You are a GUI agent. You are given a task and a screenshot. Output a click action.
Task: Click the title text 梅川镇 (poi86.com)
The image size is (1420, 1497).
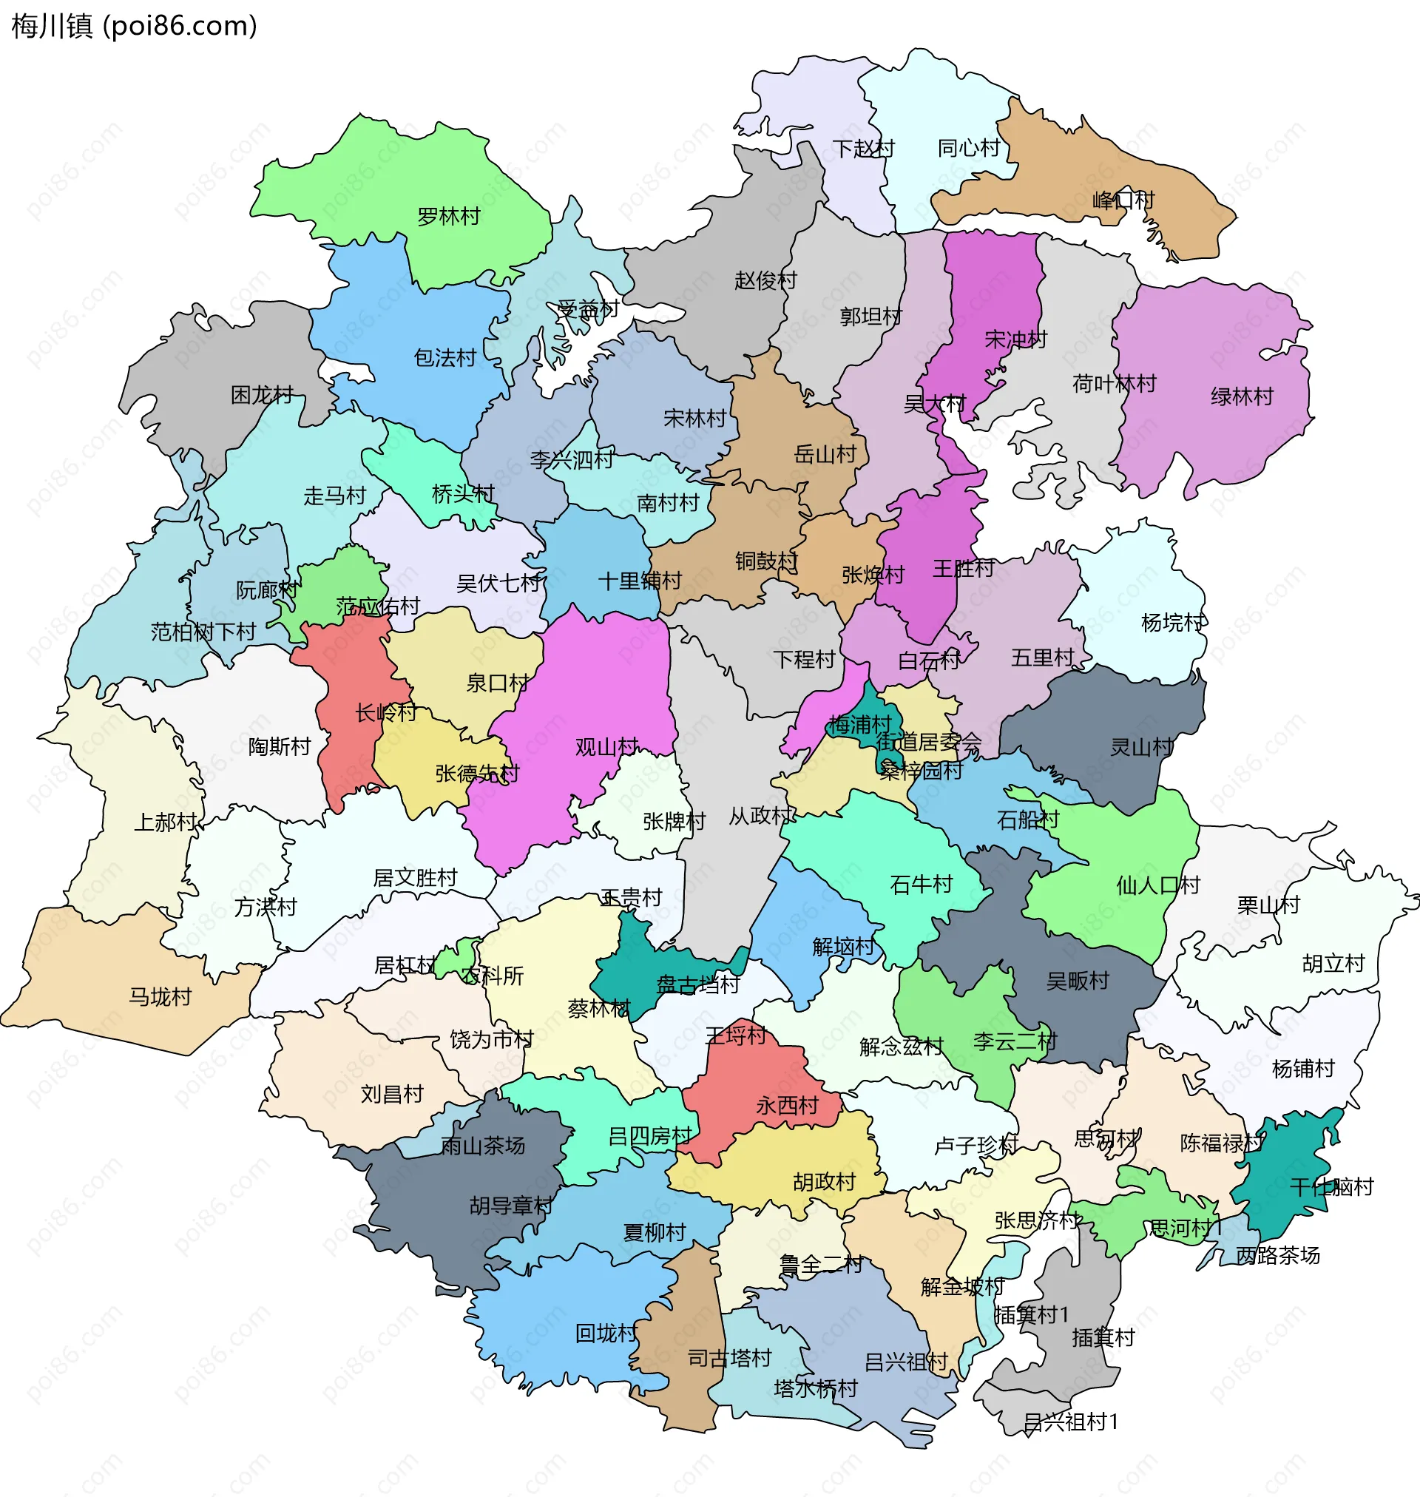coord(134,26)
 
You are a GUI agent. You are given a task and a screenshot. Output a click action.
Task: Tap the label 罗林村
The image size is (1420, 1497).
coord(449,217)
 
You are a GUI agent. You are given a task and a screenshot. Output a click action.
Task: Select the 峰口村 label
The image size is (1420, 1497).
coord(1123,200)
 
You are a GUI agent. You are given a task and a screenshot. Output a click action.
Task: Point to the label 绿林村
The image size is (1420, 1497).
coord(1241,396)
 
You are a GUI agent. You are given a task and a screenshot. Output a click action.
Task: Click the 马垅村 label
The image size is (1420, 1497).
coord(160,998)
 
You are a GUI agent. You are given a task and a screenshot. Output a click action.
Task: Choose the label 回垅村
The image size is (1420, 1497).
coord(606,1334)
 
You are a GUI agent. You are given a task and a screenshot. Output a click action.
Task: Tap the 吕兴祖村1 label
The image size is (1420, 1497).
coord(1070,1422)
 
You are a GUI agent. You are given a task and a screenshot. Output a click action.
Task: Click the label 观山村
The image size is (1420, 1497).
coord(606,748)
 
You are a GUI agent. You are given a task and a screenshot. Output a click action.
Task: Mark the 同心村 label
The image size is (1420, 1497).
coord(969,149)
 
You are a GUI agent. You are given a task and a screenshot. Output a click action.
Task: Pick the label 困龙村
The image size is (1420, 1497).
coord(262,395)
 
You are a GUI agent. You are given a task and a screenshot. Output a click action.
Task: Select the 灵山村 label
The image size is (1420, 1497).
coord(1141,748)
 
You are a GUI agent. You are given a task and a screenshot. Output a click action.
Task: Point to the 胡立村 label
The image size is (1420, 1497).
coord(1333,964)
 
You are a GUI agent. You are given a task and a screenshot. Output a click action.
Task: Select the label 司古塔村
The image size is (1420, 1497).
coord(729,1359)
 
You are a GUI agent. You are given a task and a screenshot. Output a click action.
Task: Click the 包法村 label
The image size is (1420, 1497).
coord(445,358)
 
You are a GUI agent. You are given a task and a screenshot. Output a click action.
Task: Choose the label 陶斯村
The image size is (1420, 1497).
coord(280,747)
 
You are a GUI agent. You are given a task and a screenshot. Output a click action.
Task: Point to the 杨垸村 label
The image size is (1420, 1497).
coord(1173,624)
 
